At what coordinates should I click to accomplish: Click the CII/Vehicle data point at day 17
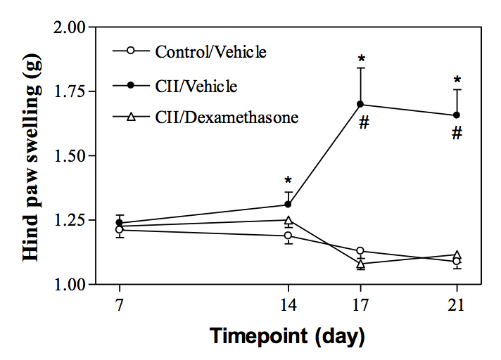(361, 104)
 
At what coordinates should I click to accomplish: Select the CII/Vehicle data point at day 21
(457, 115)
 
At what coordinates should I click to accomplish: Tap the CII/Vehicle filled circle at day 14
(288, 204)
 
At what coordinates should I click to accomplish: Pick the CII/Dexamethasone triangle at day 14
(288, 220)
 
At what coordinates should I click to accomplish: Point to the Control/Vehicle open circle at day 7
(120, 229)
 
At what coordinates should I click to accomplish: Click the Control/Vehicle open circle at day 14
(288, 236)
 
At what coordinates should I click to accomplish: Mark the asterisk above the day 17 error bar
(361, 59)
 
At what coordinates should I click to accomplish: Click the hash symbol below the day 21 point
(457, 133)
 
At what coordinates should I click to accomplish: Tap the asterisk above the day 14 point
(288, 181)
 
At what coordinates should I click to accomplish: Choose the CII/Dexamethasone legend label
(227, 117)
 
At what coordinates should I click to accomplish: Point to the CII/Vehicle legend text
(196, 86)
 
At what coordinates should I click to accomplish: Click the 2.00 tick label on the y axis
(70, 27)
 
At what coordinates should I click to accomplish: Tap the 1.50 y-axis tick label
(70, 156)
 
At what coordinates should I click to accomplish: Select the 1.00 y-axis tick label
(70, 285)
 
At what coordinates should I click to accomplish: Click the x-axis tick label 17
(361, 307)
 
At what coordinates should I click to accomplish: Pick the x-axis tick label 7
(120, 307)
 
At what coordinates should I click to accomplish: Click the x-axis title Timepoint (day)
(287, 336)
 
